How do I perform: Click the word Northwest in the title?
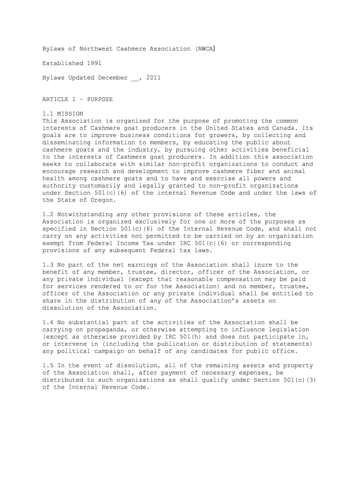click(96, 48)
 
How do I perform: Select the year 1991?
click(94, 63)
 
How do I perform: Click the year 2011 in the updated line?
click(153, 78)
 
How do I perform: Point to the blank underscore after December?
click(135, 79)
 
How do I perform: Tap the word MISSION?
click(70, 114)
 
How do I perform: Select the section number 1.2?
click(48, 215)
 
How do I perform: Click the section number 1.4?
click(48, 323)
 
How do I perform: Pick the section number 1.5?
click(48, 365)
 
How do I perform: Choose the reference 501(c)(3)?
click(296, 380)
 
